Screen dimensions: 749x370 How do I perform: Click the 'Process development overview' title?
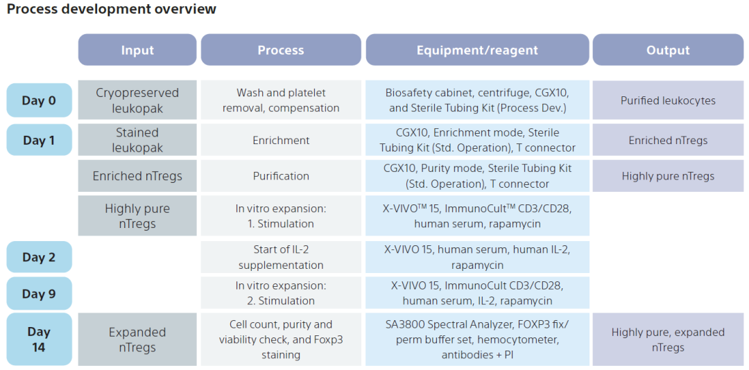(111, 9)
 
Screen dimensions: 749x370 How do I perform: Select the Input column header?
(137, 50)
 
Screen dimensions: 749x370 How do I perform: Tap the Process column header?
(281, 50)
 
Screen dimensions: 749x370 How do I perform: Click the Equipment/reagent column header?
(477, 50)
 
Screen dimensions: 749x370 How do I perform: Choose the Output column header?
(669, 50)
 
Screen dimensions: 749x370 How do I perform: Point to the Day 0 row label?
(39, 100)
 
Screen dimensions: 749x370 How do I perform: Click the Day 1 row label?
(39, 140)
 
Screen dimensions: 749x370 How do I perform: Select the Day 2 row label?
(39, 257)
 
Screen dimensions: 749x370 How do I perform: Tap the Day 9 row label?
(39, 293)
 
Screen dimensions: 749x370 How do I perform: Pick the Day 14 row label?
(39, 340)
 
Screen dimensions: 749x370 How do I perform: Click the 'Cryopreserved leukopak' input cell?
(137, 100)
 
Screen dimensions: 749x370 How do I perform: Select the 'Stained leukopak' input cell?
(137, 140)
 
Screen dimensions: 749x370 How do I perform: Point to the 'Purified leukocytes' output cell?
(669, 100)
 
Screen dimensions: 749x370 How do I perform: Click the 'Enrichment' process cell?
(281, 140)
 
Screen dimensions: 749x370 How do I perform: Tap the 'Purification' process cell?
(281, 176)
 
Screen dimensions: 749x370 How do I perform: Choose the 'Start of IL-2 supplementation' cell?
(281, 257)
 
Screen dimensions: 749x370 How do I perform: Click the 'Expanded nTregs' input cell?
(137, 340)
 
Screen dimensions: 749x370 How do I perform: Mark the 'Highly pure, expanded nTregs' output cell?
(669, 340)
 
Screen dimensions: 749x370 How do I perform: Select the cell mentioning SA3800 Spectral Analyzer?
(477, 340)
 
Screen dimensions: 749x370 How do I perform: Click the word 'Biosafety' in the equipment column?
(406, 93)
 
